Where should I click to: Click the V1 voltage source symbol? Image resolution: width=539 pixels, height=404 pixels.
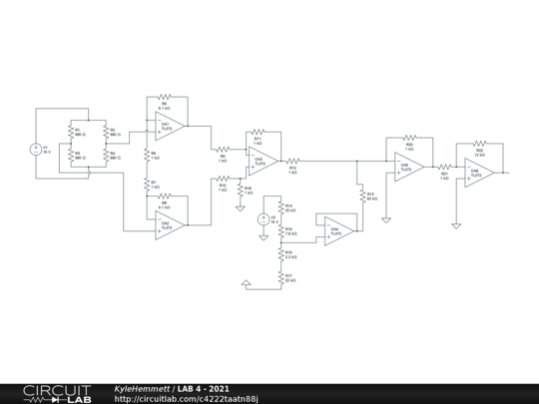click(x=35, y=150)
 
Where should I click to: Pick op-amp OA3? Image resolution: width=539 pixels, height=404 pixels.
click(x=263, y=160)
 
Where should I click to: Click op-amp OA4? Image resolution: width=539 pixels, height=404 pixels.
click(x=337, y=230)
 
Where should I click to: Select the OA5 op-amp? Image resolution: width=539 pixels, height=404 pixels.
click(x=407, y=166)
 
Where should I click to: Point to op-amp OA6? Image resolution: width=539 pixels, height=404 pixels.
click(x=477, y=173)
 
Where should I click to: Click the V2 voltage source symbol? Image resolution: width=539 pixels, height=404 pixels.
click(x=265, y=219)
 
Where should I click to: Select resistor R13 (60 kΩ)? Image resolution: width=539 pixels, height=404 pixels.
click(x=358, y=196)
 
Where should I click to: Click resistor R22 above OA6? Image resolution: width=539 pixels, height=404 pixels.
click(x=479, y=145)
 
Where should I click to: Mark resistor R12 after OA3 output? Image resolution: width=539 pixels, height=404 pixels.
click(x=292, y=160)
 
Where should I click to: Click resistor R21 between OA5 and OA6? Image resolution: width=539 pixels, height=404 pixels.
click(x=444, y=168)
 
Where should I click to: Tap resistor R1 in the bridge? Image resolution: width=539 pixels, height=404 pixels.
click(x=70, y=133)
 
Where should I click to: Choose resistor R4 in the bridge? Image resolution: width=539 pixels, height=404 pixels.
click(x=105, y=157)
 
